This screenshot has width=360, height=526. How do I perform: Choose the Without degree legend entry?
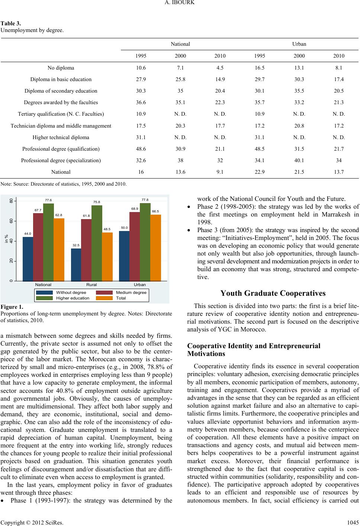(x=71, y=292)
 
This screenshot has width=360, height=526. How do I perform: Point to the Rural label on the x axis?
(x=91, y=285)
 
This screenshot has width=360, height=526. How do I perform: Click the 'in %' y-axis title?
(x=6, y=238)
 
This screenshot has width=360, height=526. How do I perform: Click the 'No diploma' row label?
(x=61, y=68)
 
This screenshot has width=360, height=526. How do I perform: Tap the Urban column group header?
(x=299, y=44)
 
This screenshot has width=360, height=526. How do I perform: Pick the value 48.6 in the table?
(x=141, y=149)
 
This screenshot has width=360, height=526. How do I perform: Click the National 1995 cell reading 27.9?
(x=141, y=79)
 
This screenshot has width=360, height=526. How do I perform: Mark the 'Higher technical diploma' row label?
(x=61, y=137)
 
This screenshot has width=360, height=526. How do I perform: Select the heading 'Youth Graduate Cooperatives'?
(x=273, y=293)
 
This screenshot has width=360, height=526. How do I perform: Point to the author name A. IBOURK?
(x=180, y=3)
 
